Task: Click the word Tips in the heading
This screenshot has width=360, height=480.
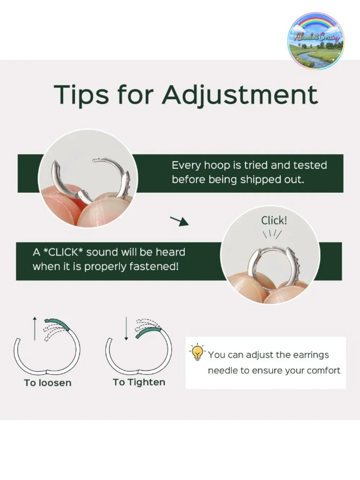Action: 81,95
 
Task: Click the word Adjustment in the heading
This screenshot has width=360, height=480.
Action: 240,95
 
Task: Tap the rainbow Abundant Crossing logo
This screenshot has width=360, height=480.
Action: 316,41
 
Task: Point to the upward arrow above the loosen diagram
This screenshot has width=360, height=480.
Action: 35,328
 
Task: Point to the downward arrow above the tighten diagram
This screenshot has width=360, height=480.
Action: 126,328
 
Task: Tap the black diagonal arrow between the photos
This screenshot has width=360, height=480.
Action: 179,221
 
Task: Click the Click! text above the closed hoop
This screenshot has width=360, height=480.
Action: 274,220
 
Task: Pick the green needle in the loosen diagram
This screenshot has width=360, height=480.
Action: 57,324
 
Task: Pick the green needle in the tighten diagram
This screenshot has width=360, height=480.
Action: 148,333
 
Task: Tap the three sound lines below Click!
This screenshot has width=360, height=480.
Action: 272,234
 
